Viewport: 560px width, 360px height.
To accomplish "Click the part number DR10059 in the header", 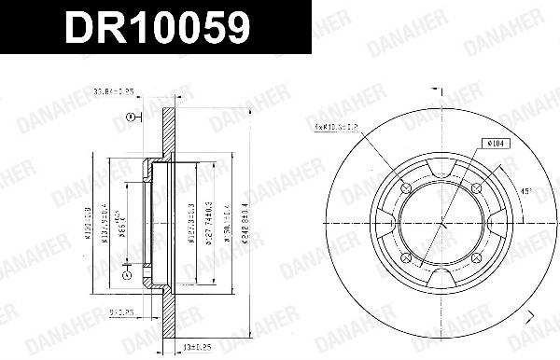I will (x=156, y=28).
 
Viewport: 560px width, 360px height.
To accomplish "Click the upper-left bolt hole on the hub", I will (x=404, y=189).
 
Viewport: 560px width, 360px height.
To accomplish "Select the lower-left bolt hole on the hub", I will (x=404, y=258).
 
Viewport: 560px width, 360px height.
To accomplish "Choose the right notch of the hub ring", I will (x=497, y=224).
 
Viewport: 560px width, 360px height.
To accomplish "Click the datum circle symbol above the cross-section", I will (x=131, y=117).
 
